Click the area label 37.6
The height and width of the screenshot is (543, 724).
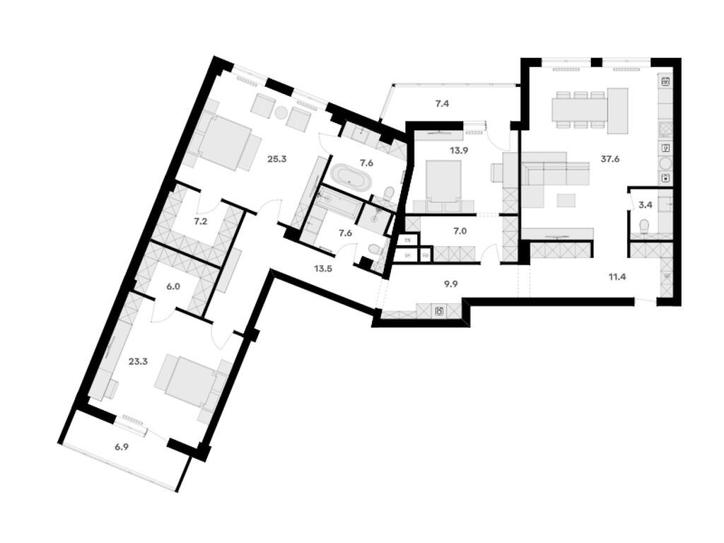tap(610, 160)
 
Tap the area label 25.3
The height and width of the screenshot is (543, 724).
tap(277, 159)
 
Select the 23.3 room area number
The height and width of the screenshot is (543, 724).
tap(138, 361)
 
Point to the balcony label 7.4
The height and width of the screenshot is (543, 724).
tap(442, 104)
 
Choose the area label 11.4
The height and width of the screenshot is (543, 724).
tap(617, 276)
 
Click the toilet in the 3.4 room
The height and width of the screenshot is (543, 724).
tap(644, 226)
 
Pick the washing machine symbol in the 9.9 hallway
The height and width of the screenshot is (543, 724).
tap(440, 310)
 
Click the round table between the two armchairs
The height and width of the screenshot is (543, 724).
tap(281, 112)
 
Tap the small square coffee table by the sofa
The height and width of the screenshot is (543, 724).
tap(566, 201)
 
